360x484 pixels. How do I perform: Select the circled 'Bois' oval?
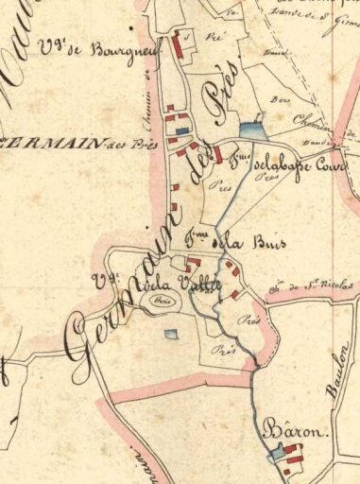point(162,302)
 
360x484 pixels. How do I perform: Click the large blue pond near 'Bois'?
point(251,132)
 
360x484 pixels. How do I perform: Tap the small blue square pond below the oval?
point(170,332)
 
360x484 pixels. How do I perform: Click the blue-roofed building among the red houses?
point(183,130)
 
